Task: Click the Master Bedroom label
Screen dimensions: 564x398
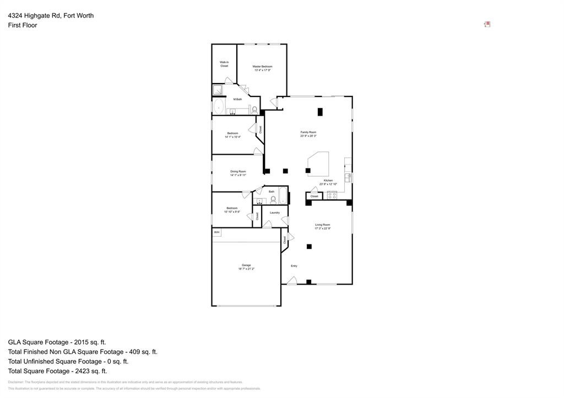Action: tap(262, 66)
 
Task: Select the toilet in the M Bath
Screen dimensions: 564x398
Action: tap(254, 110)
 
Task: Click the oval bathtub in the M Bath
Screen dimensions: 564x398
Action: tap(219, 106)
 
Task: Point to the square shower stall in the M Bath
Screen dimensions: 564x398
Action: tap(217, 90)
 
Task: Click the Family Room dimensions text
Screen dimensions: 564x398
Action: tap(308, 136)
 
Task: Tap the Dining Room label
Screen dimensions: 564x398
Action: tap(238, 171)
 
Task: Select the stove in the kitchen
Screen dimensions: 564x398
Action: tap(332, 195)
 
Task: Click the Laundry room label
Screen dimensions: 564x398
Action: tap(275, 212)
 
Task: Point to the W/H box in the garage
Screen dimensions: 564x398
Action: tap(216, 232)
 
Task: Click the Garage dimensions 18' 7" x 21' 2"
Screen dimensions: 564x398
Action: tap(246, 269)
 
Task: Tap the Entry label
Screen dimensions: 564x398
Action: tap(294, 266)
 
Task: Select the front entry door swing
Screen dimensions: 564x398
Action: tap(292, 281)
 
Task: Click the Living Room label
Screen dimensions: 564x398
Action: tap(322, 225)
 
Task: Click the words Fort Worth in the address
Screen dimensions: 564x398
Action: tap(79, 15)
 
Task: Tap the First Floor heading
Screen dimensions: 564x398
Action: tap(23, 25)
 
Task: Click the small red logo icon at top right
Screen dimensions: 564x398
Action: tap(487, 24)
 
